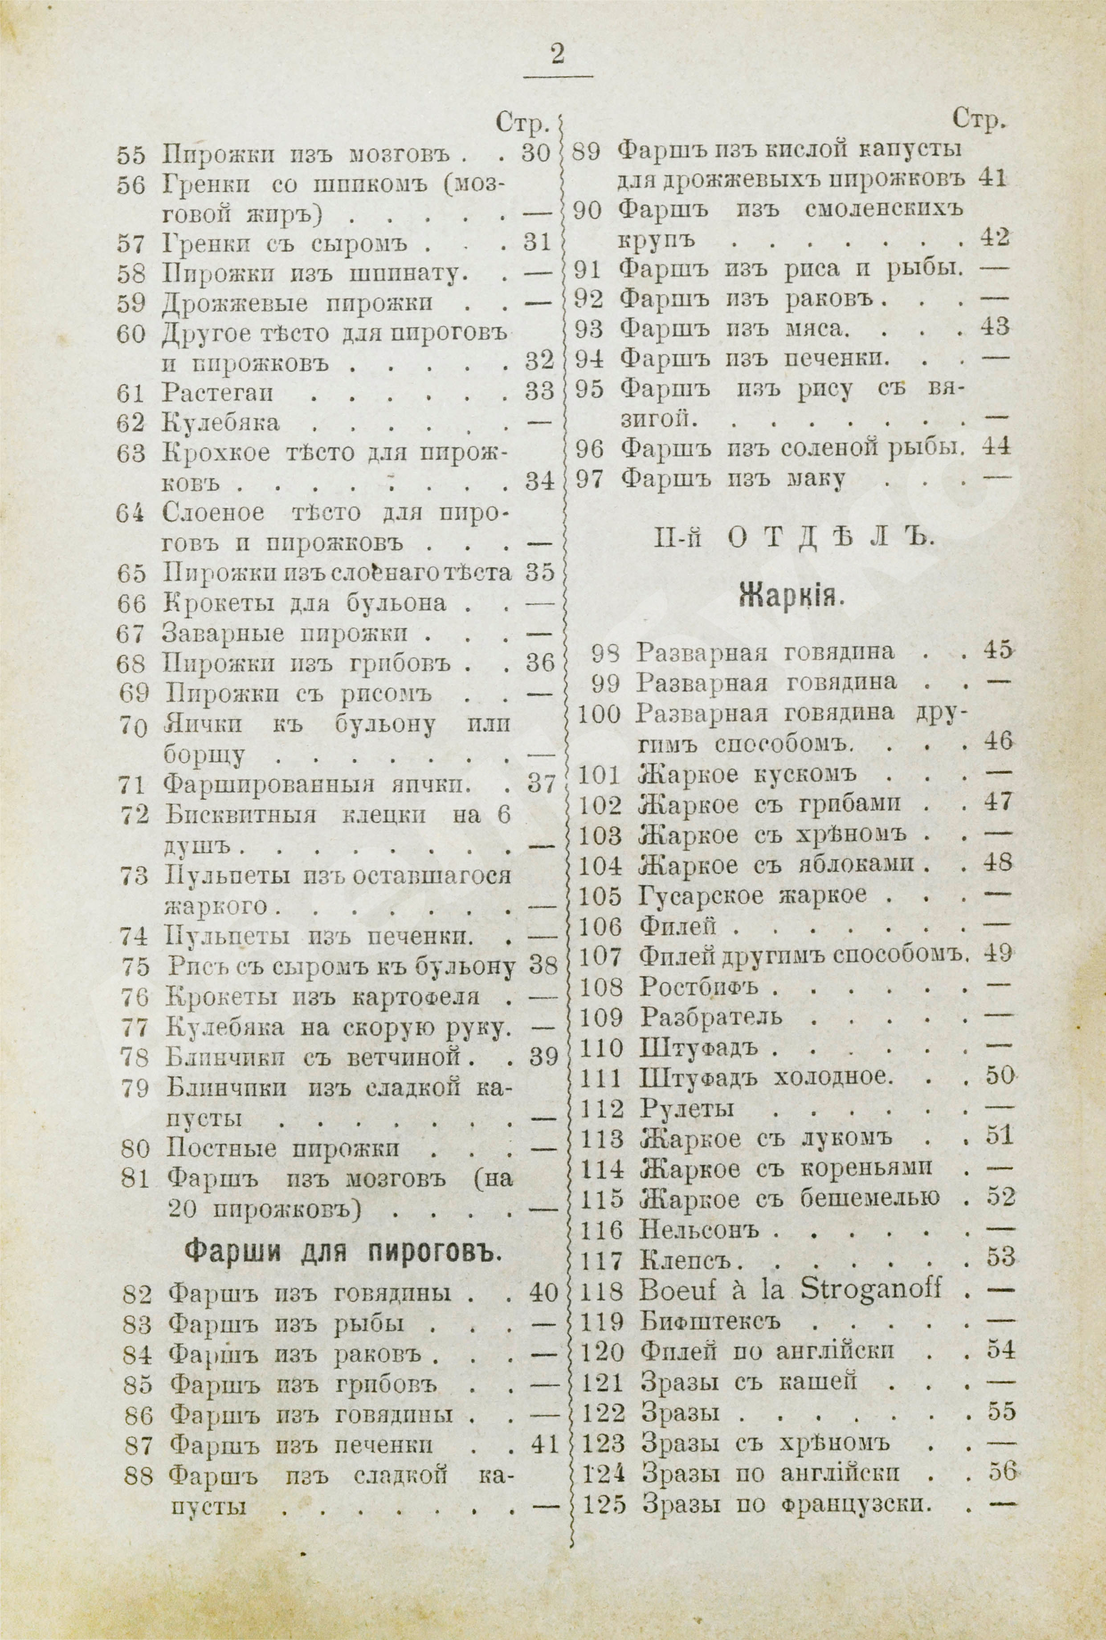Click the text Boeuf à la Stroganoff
pyautogui.click(x=790, y=1290)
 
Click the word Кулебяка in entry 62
pyautogui.click(x=221, y=423)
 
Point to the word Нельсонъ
pyautogui.click(x=699, y=1230)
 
